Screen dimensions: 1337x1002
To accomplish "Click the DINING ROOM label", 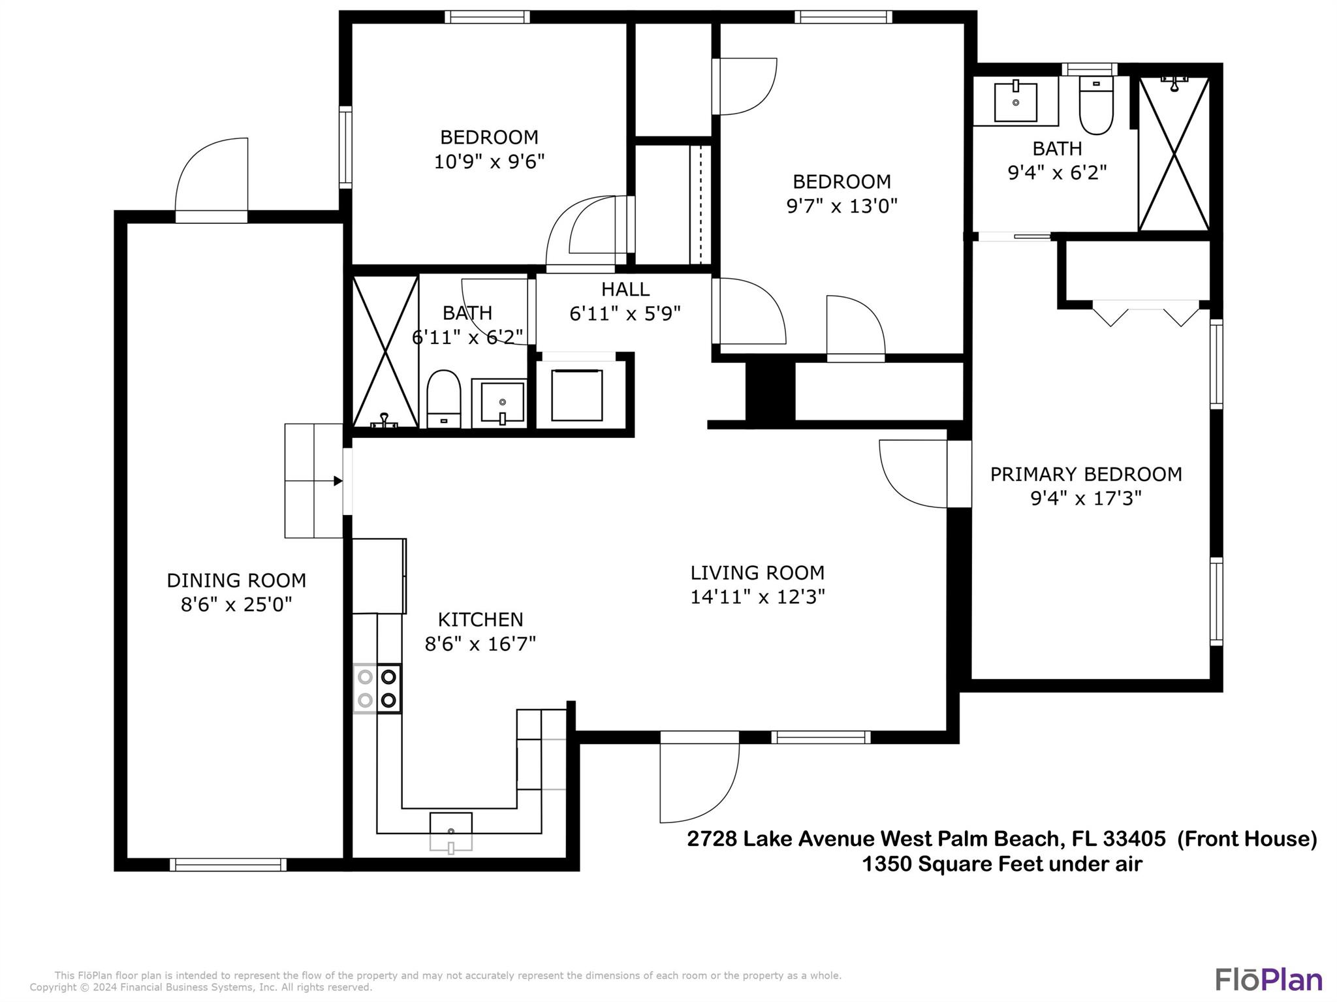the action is tap(236, 580).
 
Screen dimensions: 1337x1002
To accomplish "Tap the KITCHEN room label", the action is tap(480, 619).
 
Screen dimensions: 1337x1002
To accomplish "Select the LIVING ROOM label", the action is tap(757, 572).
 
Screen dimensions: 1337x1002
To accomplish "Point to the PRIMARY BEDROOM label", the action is tap(1086, 474).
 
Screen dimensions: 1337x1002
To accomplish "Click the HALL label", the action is tap(625, 289).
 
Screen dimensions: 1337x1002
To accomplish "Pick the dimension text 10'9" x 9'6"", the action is tap(489, 161).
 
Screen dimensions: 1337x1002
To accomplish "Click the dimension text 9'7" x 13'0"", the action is tap(842, 206).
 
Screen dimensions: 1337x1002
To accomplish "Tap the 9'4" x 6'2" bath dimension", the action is tap(1057, 172).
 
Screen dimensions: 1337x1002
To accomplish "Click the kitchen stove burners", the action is tap(377, 689).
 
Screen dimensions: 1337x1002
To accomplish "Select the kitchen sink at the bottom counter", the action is tap(451, 832).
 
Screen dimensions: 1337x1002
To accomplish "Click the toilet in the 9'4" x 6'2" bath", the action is tap(1096, 105).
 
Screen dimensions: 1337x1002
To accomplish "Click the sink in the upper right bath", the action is tap(1016, 101).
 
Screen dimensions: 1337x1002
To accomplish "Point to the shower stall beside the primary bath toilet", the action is tap(1174, 153).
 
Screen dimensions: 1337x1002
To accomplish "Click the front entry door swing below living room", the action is tap(699, 783).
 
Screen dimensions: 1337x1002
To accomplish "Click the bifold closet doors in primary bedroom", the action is tap(1146, 313).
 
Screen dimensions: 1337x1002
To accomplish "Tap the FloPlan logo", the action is tap(1268, 979).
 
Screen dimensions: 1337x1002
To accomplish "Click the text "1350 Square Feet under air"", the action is tap(1002, 864).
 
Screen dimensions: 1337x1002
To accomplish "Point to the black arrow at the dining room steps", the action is tap(338, 481).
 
